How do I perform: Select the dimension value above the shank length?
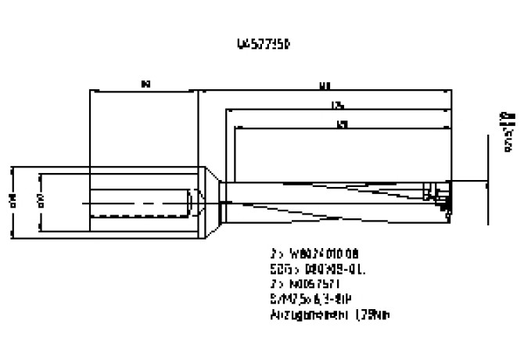145,81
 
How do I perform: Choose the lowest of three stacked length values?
342,124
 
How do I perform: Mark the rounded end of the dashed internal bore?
192,202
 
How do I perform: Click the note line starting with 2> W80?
313,254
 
